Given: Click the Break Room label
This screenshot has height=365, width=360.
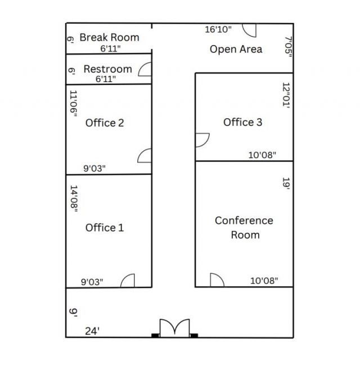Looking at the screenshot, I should [109, 37].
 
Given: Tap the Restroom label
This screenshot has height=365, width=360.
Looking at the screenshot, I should [108, 69].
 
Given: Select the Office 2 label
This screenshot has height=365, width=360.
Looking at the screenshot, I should [105, 123].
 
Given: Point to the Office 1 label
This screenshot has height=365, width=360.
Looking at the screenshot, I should [105, 227].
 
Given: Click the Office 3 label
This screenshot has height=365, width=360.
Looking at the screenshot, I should [243, 122].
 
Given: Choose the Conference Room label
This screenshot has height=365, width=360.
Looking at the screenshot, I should [244, 227].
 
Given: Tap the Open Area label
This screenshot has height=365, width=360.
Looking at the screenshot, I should [236, 49].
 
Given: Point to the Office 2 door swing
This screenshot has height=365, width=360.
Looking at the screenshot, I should [145, 156].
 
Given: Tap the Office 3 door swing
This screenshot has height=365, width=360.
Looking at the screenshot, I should [202, 140].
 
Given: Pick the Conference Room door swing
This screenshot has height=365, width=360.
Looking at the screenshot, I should [217, 280].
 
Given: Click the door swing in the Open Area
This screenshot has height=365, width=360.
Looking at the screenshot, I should [249, 30].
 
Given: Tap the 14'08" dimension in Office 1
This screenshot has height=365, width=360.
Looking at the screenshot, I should [74, 199].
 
